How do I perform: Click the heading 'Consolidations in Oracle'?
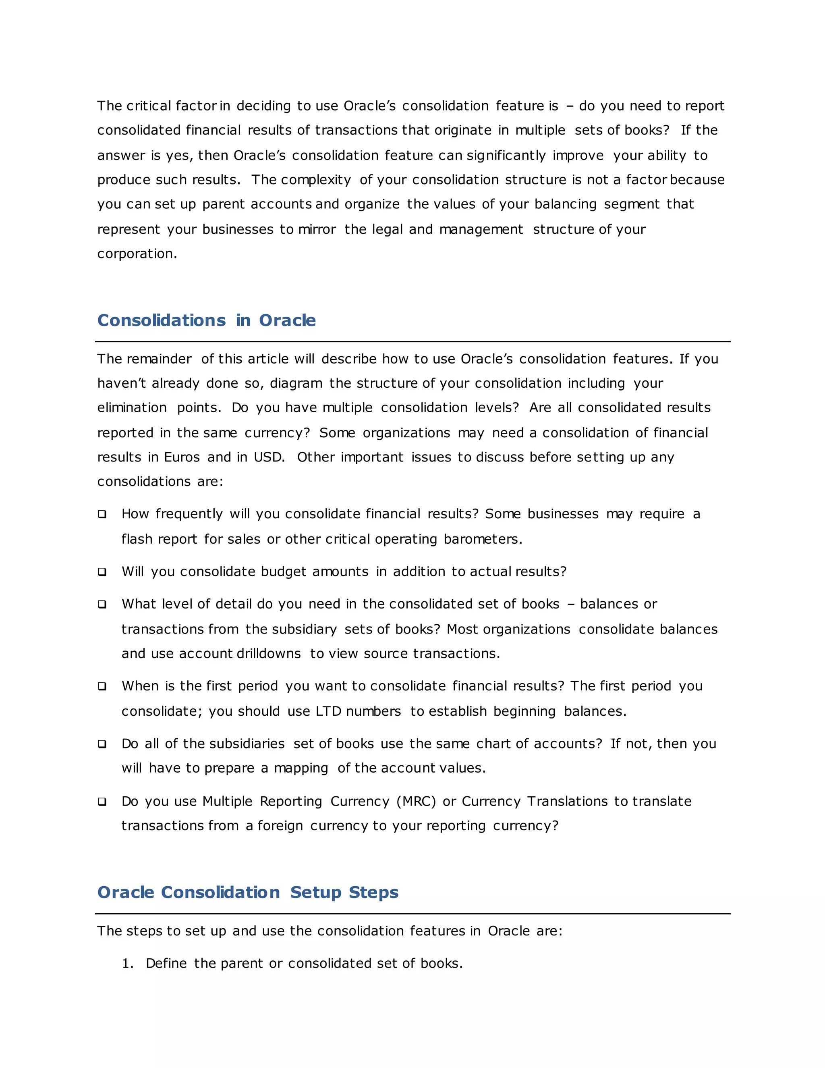tap(206, 320)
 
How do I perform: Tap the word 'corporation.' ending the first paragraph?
tap(137, 254)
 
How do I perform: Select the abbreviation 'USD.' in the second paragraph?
tap(269, 457)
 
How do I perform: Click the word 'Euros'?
tap(182, 457)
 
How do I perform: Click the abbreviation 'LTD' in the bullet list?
tap(328, 711)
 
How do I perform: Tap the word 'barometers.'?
tap(483, 539)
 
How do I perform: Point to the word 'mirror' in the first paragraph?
tap(317, 229)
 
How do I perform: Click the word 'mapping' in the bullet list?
tap(301, 768)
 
